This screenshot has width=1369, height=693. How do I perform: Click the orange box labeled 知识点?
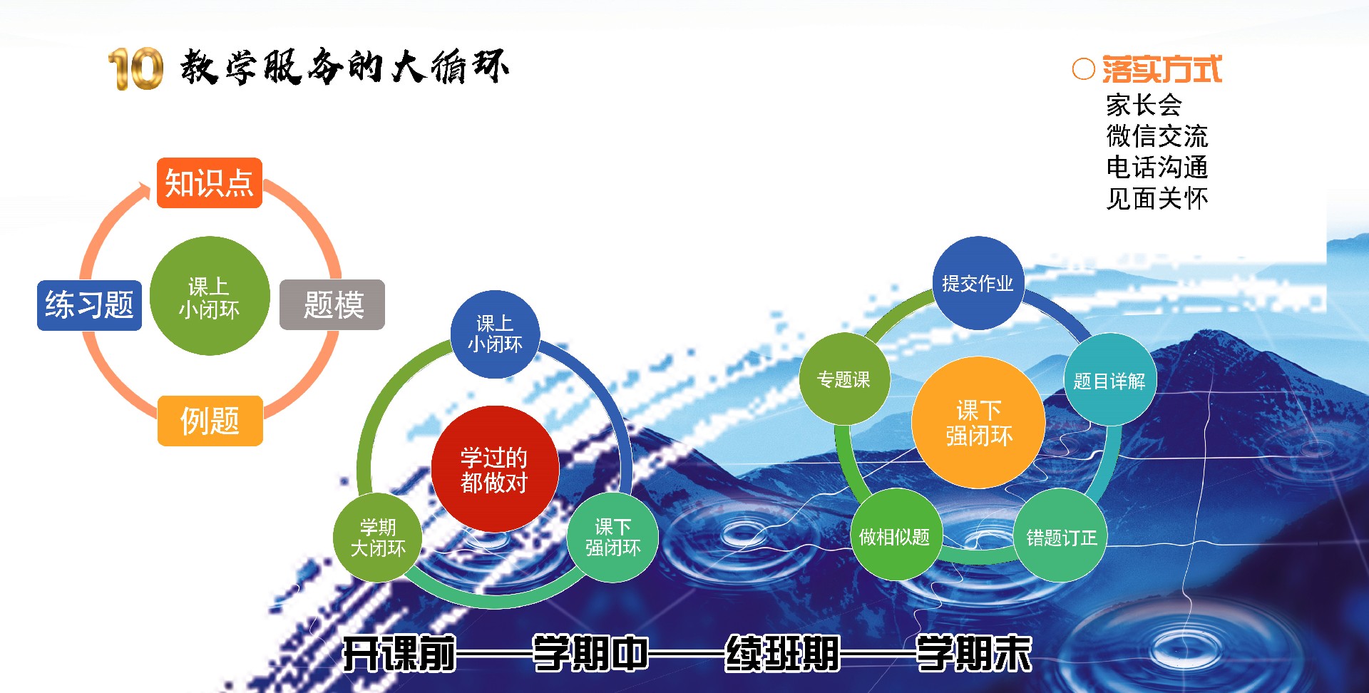[210, 183]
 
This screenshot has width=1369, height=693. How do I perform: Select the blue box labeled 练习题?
[89, 305]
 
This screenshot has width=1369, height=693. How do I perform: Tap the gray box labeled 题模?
[332, 305]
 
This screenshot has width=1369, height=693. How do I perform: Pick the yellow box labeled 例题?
[210, 421]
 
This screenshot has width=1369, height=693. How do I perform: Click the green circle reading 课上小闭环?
[210, 296]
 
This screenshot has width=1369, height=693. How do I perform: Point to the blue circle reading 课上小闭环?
[495, 334]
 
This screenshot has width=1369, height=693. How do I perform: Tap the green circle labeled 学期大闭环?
[378, 538]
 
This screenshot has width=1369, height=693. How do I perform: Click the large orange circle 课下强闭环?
[978, 423]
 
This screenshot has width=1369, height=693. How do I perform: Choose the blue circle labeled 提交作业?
[978, 283]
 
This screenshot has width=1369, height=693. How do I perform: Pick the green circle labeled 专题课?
[844, 379]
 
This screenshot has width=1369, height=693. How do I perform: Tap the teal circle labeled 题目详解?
[1109, 380]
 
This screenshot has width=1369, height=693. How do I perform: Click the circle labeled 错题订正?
[1061, 536]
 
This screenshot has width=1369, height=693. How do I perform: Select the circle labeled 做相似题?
[896, 535]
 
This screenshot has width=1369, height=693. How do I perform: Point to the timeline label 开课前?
[399, 654]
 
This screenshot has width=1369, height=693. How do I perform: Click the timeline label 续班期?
[782, 654]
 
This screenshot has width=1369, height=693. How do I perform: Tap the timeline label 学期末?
[974, 654]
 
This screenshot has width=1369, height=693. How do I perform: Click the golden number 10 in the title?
[135, 69]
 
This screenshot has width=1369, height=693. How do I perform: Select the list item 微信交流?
[1157, 135]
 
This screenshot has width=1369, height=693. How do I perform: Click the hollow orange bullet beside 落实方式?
[1083, 69]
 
